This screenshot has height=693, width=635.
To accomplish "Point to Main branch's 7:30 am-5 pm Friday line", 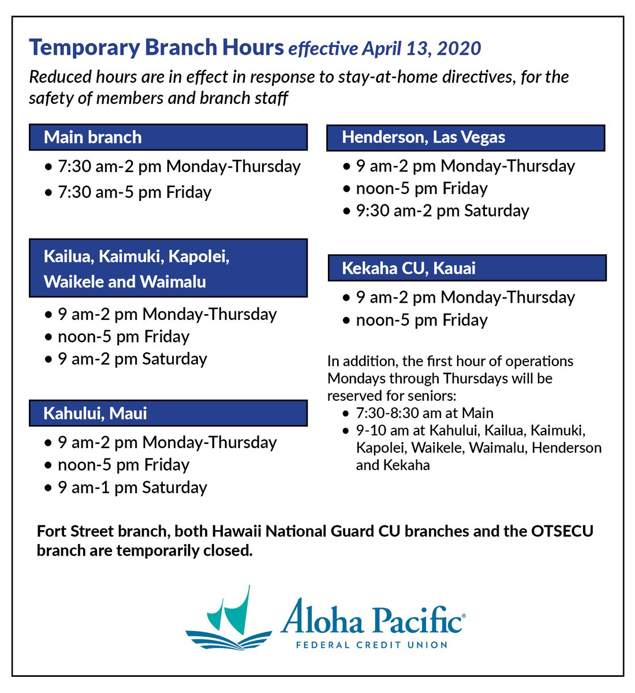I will (134, 192).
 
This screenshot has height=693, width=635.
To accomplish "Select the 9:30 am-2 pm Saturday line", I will (442, 211).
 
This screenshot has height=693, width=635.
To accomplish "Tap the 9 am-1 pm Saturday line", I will (132, 487).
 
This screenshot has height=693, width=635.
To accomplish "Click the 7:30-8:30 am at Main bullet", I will (424, 413).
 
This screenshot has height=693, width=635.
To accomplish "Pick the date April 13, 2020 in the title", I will (421, 49).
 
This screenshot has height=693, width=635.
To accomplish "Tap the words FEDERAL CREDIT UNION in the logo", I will (371, 644).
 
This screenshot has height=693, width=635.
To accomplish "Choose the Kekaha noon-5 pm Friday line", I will (421, 321).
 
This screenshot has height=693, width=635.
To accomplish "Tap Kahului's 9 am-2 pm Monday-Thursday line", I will (167, 443).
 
